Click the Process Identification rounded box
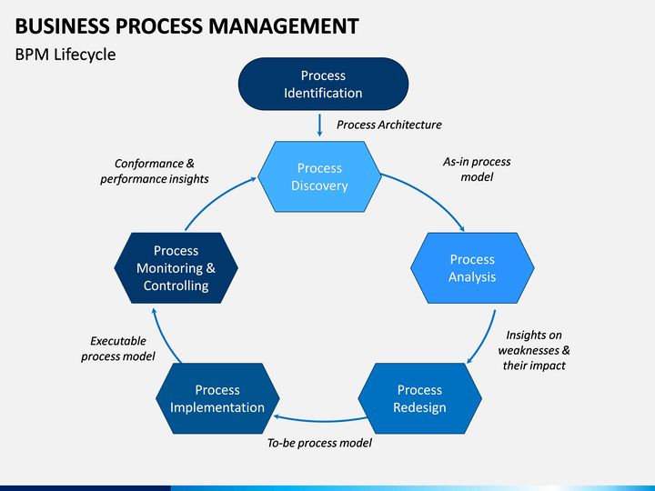point(323,84)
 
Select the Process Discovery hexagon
point(319,176)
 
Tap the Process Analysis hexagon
point(472,268)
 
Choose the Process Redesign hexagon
point(419,398)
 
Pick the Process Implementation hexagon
point(217,398)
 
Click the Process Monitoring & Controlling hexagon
point(176,268)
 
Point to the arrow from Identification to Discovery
point(319,125)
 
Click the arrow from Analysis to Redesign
point(487,339)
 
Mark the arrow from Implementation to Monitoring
point(163,337)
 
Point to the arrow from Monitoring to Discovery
point(216,199)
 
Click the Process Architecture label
point(389,125)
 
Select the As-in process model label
point(477,169)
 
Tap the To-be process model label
point(319,443)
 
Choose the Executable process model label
point(118,348)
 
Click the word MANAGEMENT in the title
point(284,25)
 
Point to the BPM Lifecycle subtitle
point(65,55)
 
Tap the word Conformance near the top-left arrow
point(148,164)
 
